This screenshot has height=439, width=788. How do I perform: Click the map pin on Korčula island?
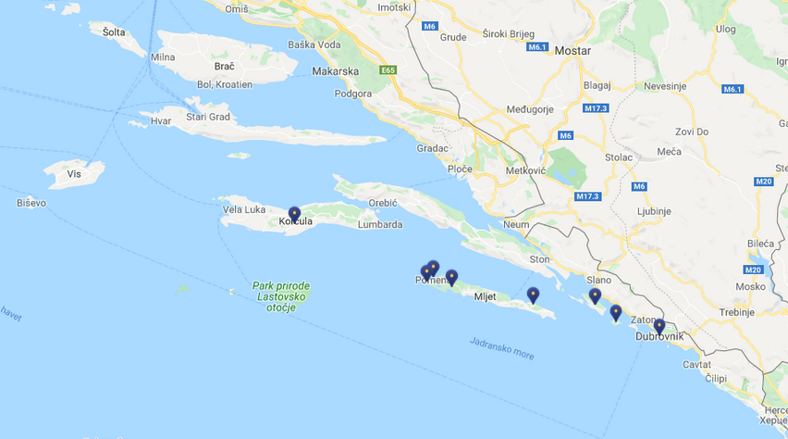tap(294, 214)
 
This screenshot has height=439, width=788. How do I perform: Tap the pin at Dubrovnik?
tap(659, 326)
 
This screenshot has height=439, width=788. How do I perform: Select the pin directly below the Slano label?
tap(595, 295)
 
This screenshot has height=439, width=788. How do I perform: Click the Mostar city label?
tap(572, 51)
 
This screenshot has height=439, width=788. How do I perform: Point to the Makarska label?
tap(336, 71)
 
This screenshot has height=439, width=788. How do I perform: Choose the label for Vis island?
tap(74, 174)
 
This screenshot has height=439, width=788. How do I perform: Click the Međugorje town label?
tap(530, 109)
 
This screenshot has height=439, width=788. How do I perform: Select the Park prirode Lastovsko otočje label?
tap(280, 296)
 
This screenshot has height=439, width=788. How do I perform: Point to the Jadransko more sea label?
tap(501, 348)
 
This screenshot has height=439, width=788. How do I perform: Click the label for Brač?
tap(224, 66)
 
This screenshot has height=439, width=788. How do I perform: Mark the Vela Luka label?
tap(245, 209)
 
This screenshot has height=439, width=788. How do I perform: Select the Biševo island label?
tap(31, 203)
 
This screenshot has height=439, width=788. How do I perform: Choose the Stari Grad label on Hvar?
tap(208, 118)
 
